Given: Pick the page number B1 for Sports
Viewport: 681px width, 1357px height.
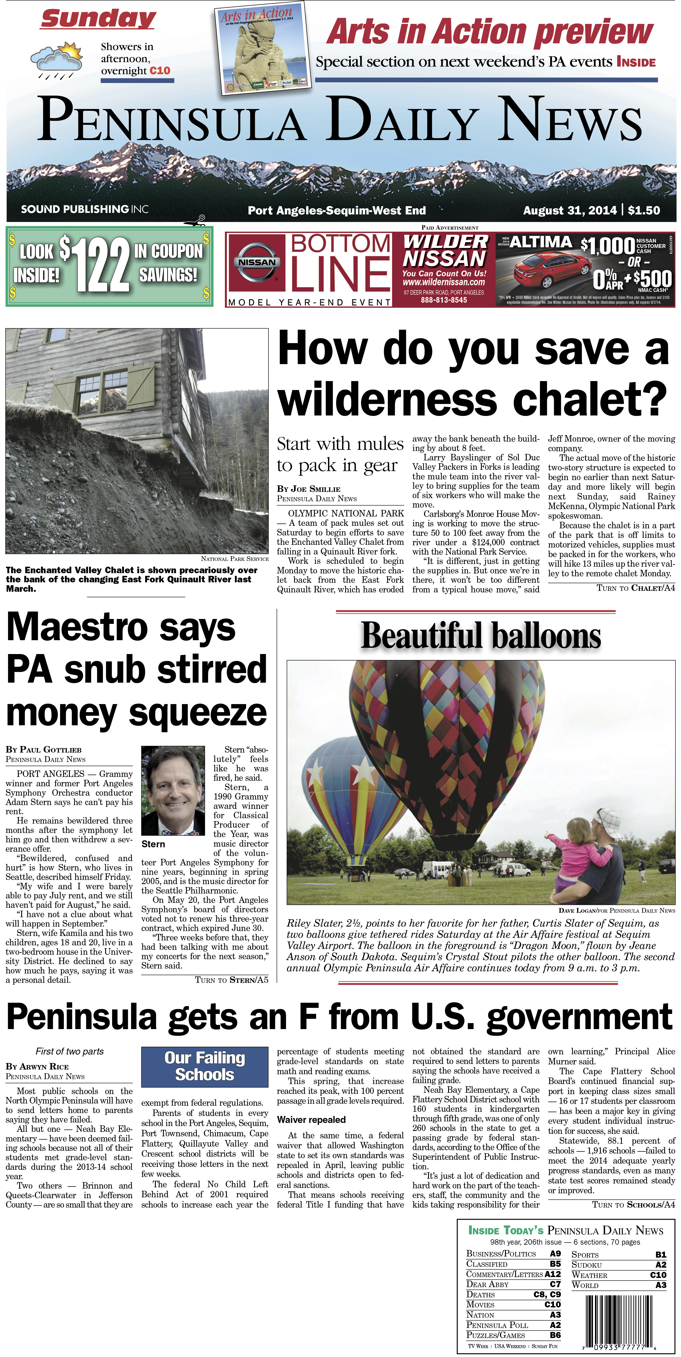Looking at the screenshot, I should click(x=660, y=1254).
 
